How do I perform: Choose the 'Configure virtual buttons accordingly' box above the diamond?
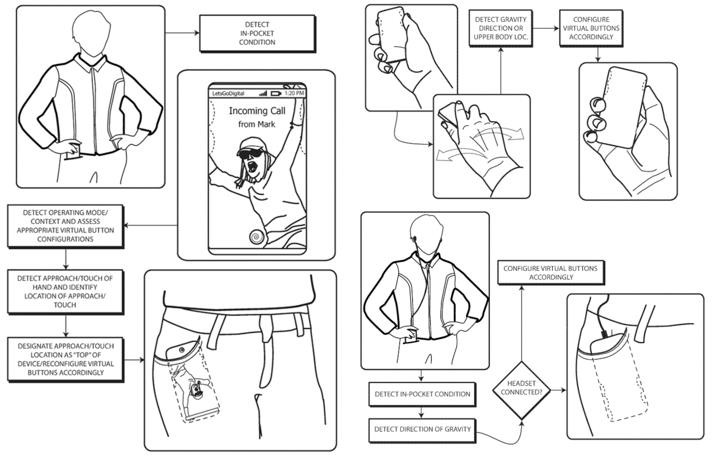550,272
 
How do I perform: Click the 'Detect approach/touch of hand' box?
65,291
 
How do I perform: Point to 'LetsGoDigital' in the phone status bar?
228,93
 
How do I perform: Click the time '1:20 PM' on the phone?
294,93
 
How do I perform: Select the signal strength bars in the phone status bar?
263,93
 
